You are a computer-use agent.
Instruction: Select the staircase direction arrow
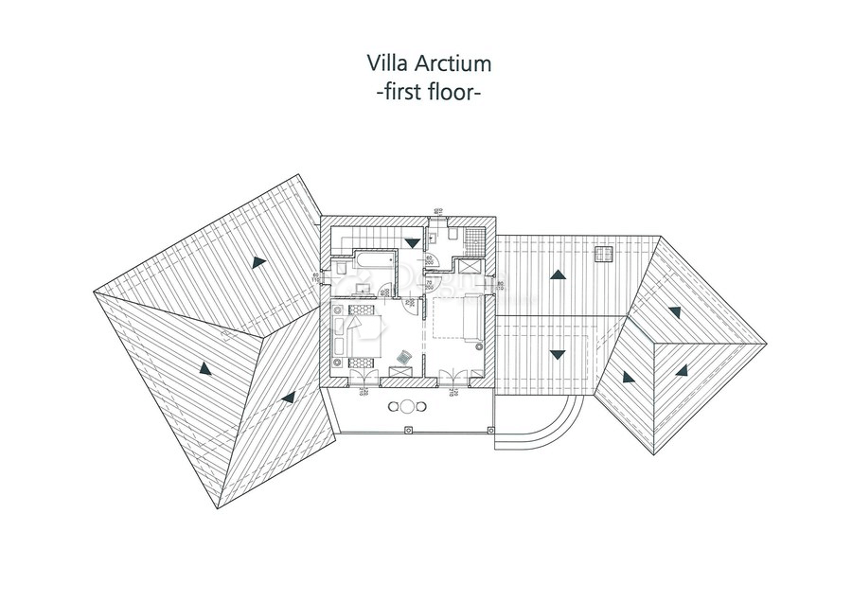(x=411, y=242)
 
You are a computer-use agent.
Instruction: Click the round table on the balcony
(x=407, y=408)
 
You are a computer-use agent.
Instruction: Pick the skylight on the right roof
(x=603, y=253)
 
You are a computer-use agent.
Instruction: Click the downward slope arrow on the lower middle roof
(x=558, y=355)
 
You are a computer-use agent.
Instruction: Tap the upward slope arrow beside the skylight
(x=558, y=275)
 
